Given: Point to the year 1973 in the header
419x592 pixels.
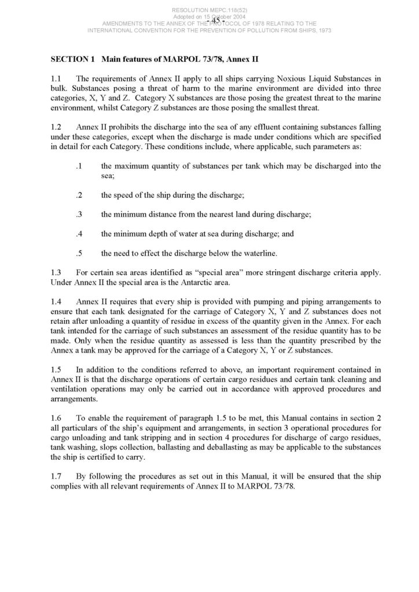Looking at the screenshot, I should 321,30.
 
